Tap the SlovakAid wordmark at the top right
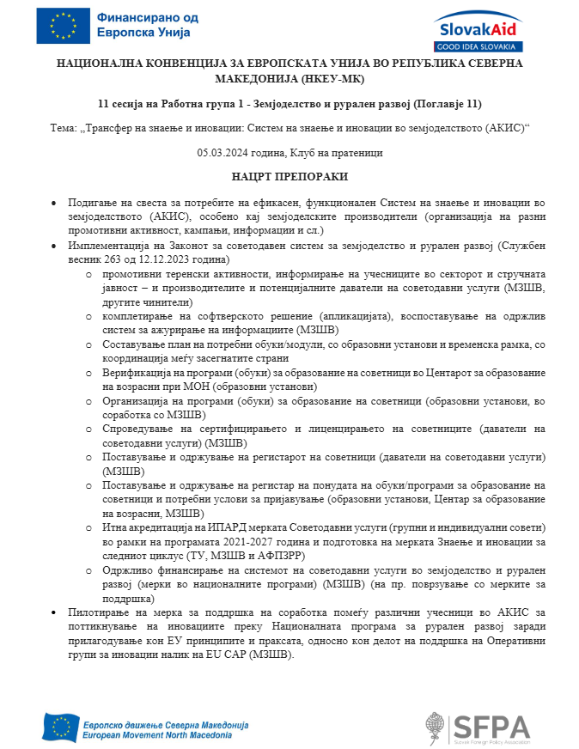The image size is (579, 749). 476,26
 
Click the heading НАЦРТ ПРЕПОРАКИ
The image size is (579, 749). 289,176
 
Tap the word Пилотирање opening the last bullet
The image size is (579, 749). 101,612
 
